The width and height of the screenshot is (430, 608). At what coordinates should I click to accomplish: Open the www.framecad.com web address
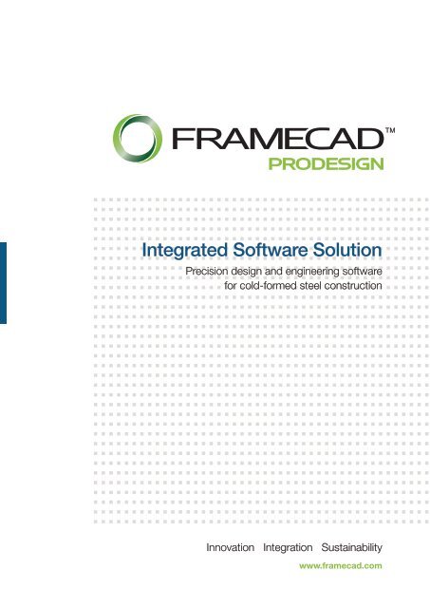coord(340,565)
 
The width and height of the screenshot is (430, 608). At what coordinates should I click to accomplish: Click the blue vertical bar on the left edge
coord(3,282)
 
